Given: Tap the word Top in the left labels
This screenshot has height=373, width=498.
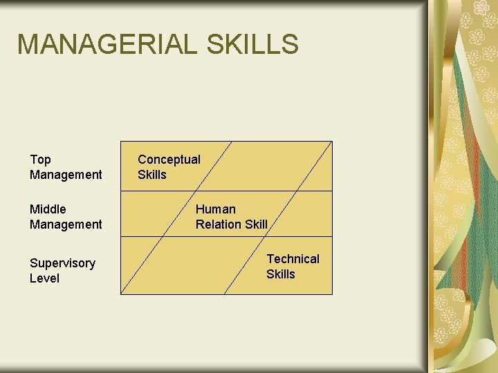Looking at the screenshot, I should click(40, 160).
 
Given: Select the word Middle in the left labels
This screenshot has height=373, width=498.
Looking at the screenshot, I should click(48, 209).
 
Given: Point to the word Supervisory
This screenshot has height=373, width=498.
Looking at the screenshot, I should click(62, 263).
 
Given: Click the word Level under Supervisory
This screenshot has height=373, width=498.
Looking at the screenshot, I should click(44, 278).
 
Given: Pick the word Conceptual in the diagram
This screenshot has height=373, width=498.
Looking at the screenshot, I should click(169, 160).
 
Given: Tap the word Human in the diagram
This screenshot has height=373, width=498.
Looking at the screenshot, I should click(215, 209).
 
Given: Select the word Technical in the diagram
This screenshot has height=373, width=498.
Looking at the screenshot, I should click(293, 259).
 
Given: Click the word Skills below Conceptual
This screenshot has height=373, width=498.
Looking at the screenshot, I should click(151, 175).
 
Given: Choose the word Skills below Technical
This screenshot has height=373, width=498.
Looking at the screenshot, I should click(280, 274).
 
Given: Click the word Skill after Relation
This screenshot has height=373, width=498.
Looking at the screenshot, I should click(255, 224).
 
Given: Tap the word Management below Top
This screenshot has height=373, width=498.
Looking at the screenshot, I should click(66, 175).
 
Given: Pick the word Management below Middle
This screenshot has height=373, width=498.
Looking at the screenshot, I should click(66, 224).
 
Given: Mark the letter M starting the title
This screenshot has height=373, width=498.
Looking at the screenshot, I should click(28, 44).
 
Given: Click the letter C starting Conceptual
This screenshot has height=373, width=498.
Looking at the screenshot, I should click(142, 160).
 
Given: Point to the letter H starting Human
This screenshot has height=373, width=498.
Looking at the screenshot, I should click(200, 209).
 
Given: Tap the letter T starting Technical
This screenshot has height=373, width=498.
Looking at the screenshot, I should click(270, 259).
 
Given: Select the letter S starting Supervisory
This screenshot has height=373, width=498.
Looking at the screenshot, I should click(33, 263).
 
